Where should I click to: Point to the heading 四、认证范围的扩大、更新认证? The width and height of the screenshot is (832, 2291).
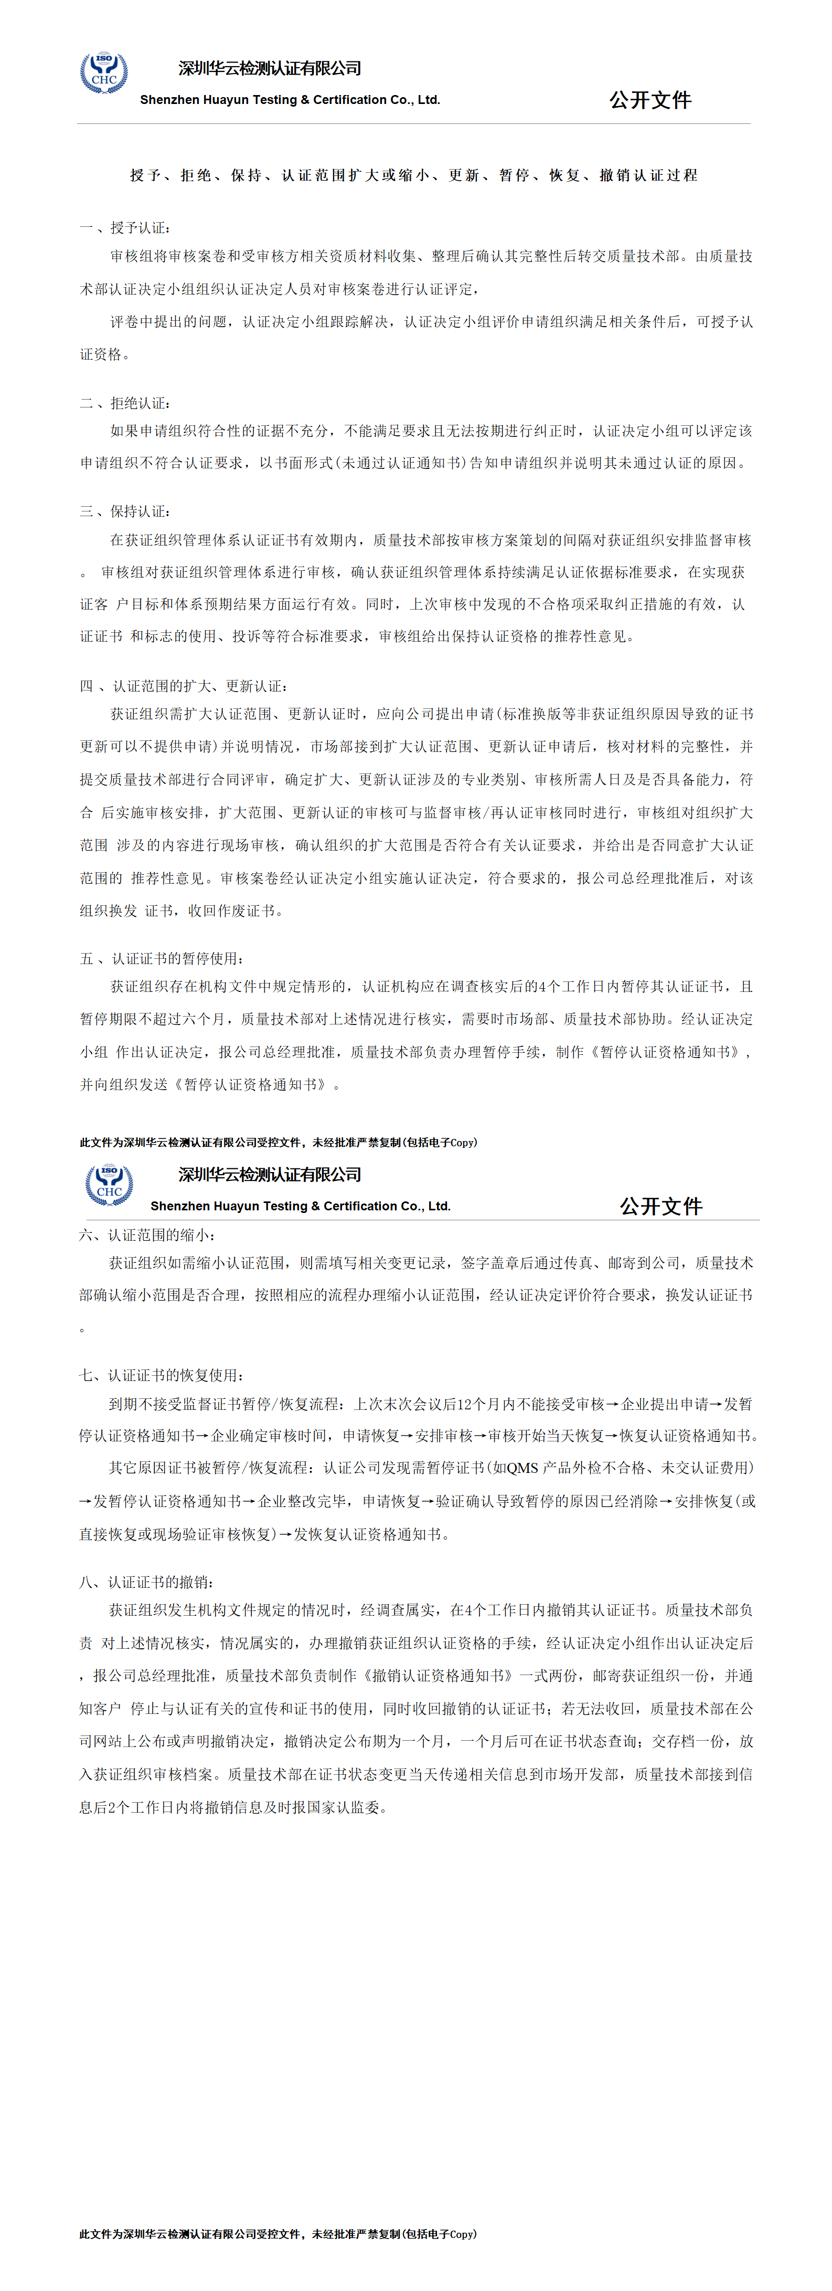[x=184, y=686]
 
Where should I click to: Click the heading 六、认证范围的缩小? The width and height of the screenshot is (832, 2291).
[x=147, y=1235]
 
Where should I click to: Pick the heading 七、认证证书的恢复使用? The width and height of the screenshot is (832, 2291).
[x=161, y=1375]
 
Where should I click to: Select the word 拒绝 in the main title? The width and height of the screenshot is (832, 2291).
[x=196, y=175]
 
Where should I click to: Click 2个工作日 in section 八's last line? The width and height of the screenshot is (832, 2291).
[x=143, y=1807]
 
